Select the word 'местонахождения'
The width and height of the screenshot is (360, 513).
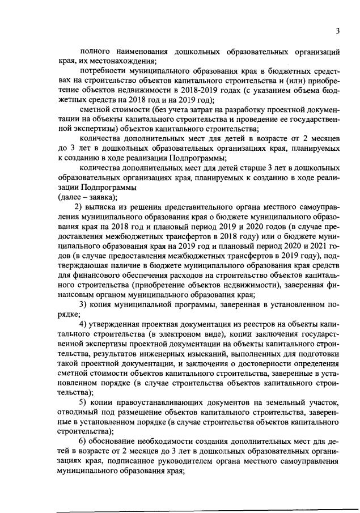coord(125,61)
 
